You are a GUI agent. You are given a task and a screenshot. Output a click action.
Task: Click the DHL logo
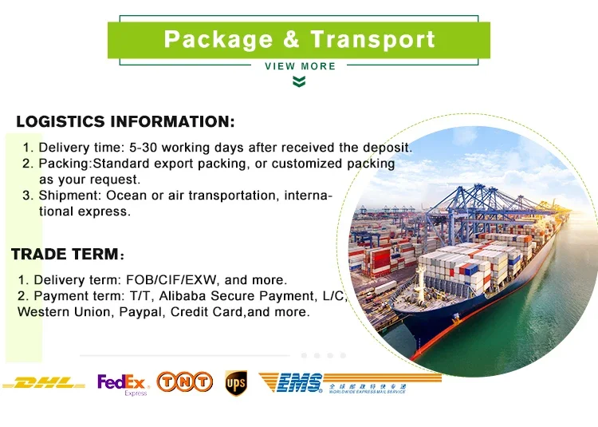pos(44,383)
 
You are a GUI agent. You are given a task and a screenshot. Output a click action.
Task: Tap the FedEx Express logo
pos(123,384)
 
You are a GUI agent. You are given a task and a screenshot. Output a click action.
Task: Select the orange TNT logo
pos(185,382)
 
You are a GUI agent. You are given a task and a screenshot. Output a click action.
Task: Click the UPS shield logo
pos(236,383)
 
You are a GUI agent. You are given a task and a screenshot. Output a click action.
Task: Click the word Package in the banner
pos(218,40)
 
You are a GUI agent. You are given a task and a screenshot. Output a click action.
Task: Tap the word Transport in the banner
pos(372,40)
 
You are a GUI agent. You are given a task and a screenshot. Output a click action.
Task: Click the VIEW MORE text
pos(300,66)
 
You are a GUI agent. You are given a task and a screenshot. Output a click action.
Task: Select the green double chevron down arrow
pos(299,81)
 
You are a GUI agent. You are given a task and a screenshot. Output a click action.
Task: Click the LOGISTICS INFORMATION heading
pos(125,121)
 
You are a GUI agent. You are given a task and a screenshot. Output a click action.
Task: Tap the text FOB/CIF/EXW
pos(171,279)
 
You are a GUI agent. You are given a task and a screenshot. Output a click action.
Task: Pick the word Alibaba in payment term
pos(182,296)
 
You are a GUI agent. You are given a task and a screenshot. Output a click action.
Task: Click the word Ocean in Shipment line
pos(127,196)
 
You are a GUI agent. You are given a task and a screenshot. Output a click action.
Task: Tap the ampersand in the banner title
pos(291,39)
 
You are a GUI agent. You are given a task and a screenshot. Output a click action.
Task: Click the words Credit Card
pos(207,312)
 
